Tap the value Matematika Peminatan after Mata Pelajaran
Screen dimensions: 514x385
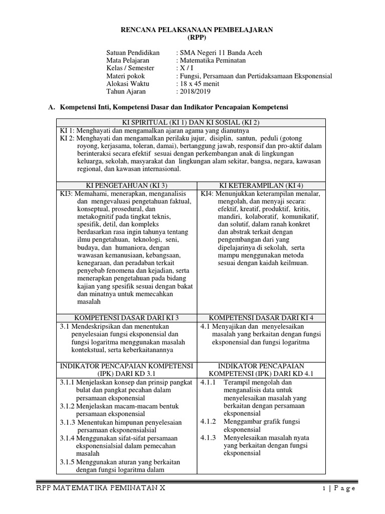coord(214,60)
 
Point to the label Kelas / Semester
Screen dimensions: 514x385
coord(130,68)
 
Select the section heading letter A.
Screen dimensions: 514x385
coord(50,107)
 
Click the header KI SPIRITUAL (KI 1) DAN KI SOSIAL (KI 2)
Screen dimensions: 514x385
coord(191,123)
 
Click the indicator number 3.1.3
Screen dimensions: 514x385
coord(68,422)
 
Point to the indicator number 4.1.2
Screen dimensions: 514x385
coord(208,422)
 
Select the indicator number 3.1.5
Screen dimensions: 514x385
coord(68,462)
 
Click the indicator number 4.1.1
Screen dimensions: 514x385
coord(208,382)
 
